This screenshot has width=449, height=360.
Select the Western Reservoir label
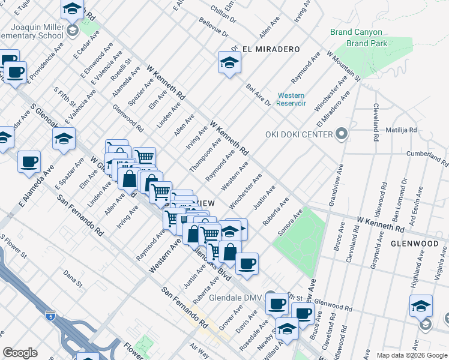pos(291,99)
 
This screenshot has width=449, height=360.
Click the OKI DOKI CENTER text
pos(299,134)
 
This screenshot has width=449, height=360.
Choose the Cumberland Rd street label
pos(427,158)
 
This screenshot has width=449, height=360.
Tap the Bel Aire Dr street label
pos(258,94)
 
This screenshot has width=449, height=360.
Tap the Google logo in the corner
pos(20,353)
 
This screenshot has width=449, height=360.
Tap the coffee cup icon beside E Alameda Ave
pos(29,161)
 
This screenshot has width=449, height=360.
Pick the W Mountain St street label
pos(343,65)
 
